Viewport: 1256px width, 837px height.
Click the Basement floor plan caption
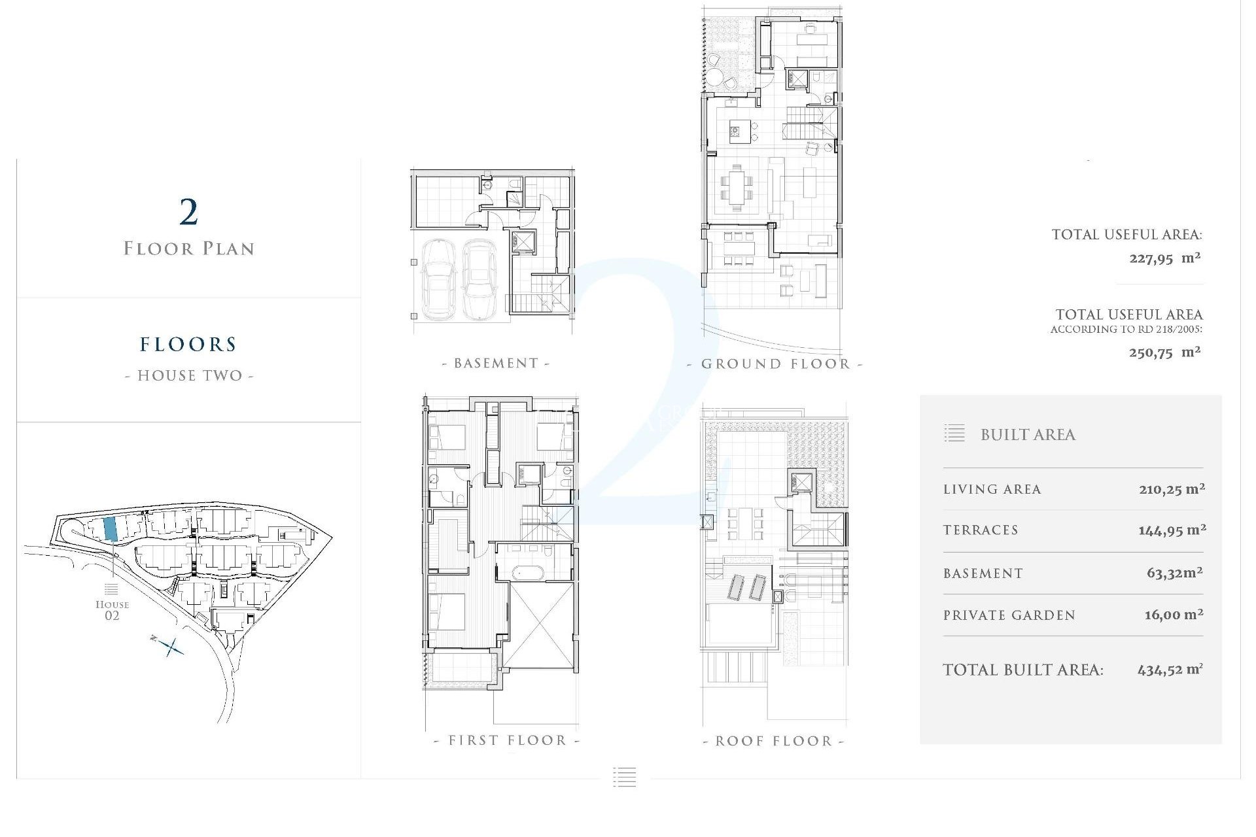click(x=496, y=363)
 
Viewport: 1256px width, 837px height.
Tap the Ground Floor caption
click(x=775, y=364)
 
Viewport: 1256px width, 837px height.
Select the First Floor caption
click(x=507, y=740)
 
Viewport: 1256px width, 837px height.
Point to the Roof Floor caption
click(x=774, y=741)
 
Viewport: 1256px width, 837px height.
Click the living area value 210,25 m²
click(x=1172, y=488)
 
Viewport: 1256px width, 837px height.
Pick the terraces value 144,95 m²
click(x=1172, y=530)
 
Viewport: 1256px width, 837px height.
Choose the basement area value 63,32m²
click(x=1174, y=573)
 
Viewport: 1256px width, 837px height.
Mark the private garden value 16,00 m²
click(x=1174, y=615)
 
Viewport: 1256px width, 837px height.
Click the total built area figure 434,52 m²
click(x=1170, y=670)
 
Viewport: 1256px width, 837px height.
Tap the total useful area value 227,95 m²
click(x=1164, y=258)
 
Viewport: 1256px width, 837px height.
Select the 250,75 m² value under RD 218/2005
click(x=1164, y=352)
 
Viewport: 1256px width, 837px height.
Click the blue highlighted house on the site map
click(x=111, y=528)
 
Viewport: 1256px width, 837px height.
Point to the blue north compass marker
click(x=169, y=646)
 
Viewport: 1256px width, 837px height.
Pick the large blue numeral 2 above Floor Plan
click(x=188, y=212)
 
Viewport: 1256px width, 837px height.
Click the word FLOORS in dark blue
click(x=188, y=345)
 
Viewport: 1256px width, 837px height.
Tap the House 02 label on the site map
click(x=112, y=609)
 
